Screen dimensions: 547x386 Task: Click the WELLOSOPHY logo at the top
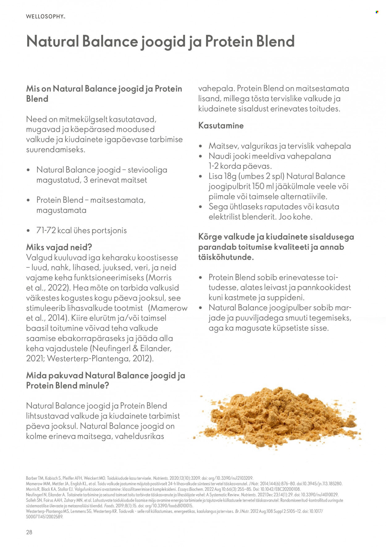click(x=45, y=16)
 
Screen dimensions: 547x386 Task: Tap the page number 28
click(x=29, y=532)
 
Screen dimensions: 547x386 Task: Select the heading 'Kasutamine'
click(x=221, y=126)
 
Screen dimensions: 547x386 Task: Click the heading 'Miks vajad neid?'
click(x=59, y=247)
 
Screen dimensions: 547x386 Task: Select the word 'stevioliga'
click(x=147, y=170)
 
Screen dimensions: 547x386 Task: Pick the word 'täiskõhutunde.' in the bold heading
click(x=226, y=257)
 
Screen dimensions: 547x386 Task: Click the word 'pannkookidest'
click(x=324, y=288)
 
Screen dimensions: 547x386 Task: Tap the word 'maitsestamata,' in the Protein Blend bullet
click(x=118, y=200)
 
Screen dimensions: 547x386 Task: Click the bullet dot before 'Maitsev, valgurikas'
click(x=201, y=146)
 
